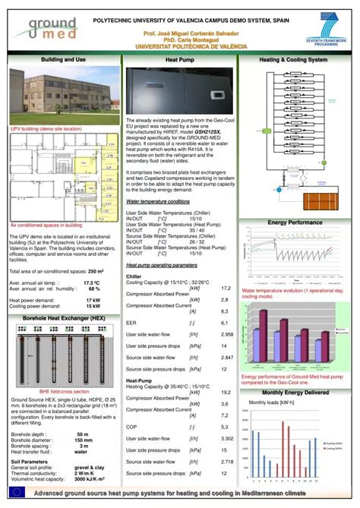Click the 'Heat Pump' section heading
pos(179,59)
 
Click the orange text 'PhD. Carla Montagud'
pos(179,40)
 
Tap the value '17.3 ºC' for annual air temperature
pos(92,282)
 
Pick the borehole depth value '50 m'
pos(83,434)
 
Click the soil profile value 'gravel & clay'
pos(90,469)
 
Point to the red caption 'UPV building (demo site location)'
pos(46,129)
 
